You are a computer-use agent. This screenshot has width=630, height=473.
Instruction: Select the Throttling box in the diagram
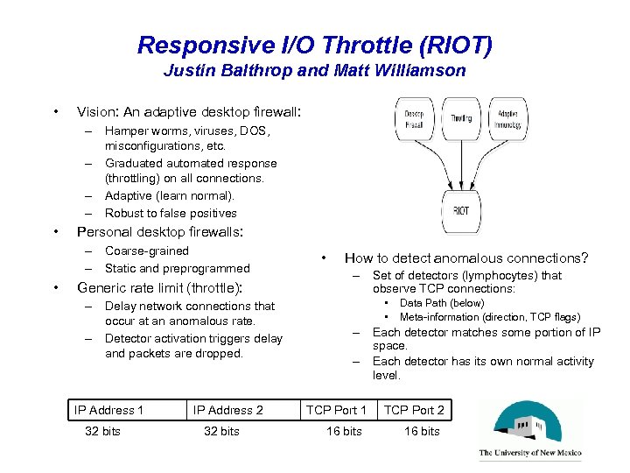click(461, 118)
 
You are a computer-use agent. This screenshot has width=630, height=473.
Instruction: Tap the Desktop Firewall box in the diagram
click(414, 119)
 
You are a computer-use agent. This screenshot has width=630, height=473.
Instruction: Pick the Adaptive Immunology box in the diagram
click(507, 119)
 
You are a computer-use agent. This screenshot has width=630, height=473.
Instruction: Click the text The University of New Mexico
click(530, 454)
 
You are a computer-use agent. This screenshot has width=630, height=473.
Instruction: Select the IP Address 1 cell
click(109, 410)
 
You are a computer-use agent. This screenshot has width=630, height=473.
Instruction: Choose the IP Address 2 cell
click(227, 410)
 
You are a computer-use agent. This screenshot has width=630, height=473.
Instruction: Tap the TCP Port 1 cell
click(336, 410)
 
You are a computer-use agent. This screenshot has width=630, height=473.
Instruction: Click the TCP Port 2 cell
click(414, 410)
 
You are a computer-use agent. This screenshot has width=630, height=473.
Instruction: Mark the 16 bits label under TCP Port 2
click(421, 431)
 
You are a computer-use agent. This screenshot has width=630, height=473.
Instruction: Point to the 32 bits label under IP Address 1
click(102, 431)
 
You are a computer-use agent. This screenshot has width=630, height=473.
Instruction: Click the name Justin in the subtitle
click(186, 71)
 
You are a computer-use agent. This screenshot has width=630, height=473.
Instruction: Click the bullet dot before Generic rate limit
click(56, 286)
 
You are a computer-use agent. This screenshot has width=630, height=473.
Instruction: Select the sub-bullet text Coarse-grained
click(147, 251)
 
